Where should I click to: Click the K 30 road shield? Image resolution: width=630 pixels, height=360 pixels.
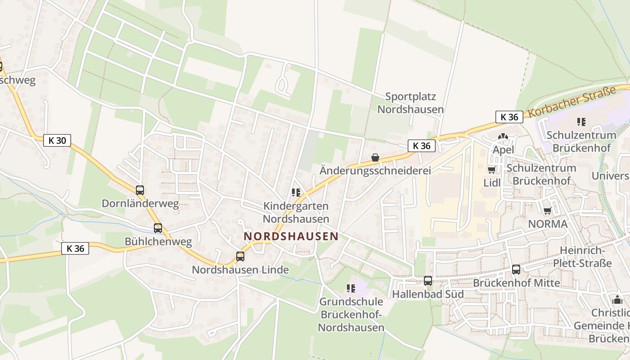click(57, 140)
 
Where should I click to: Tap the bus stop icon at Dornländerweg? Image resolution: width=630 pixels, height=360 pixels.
click(140, 190)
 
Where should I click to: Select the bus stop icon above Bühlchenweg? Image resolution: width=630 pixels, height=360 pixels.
click(157, 228)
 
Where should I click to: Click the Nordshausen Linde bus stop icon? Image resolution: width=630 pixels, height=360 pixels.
click(240, 256)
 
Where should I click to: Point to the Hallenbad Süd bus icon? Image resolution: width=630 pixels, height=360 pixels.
click(427, 281)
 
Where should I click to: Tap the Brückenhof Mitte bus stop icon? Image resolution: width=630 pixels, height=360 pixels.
click(516, 270)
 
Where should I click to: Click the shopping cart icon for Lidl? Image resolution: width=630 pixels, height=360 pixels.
click(492, 170)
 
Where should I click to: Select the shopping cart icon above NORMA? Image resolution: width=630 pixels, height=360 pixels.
click(547, 211)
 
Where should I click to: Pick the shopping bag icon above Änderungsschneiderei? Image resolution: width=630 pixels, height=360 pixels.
click(375, 157)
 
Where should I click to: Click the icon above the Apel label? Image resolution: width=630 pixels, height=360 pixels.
click(503, 136)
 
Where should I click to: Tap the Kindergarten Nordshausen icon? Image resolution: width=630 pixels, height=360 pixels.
click(296, 193)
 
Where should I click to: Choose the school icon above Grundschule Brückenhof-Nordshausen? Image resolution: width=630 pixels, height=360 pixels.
click(351, 288)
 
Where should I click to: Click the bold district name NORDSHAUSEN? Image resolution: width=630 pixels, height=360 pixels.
click(291, 236)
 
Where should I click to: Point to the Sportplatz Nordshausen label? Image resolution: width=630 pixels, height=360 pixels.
click(410, 103)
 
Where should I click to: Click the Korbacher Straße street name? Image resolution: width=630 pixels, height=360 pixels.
click(572, 103)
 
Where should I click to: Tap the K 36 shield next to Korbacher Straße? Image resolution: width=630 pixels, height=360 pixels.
click(509, 117)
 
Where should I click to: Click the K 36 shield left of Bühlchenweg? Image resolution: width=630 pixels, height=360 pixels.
click(75, 248)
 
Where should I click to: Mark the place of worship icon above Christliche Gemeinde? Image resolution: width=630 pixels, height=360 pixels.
click(617, 300)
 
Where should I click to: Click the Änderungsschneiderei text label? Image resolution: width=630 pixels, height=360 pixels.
click(375, 171)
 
